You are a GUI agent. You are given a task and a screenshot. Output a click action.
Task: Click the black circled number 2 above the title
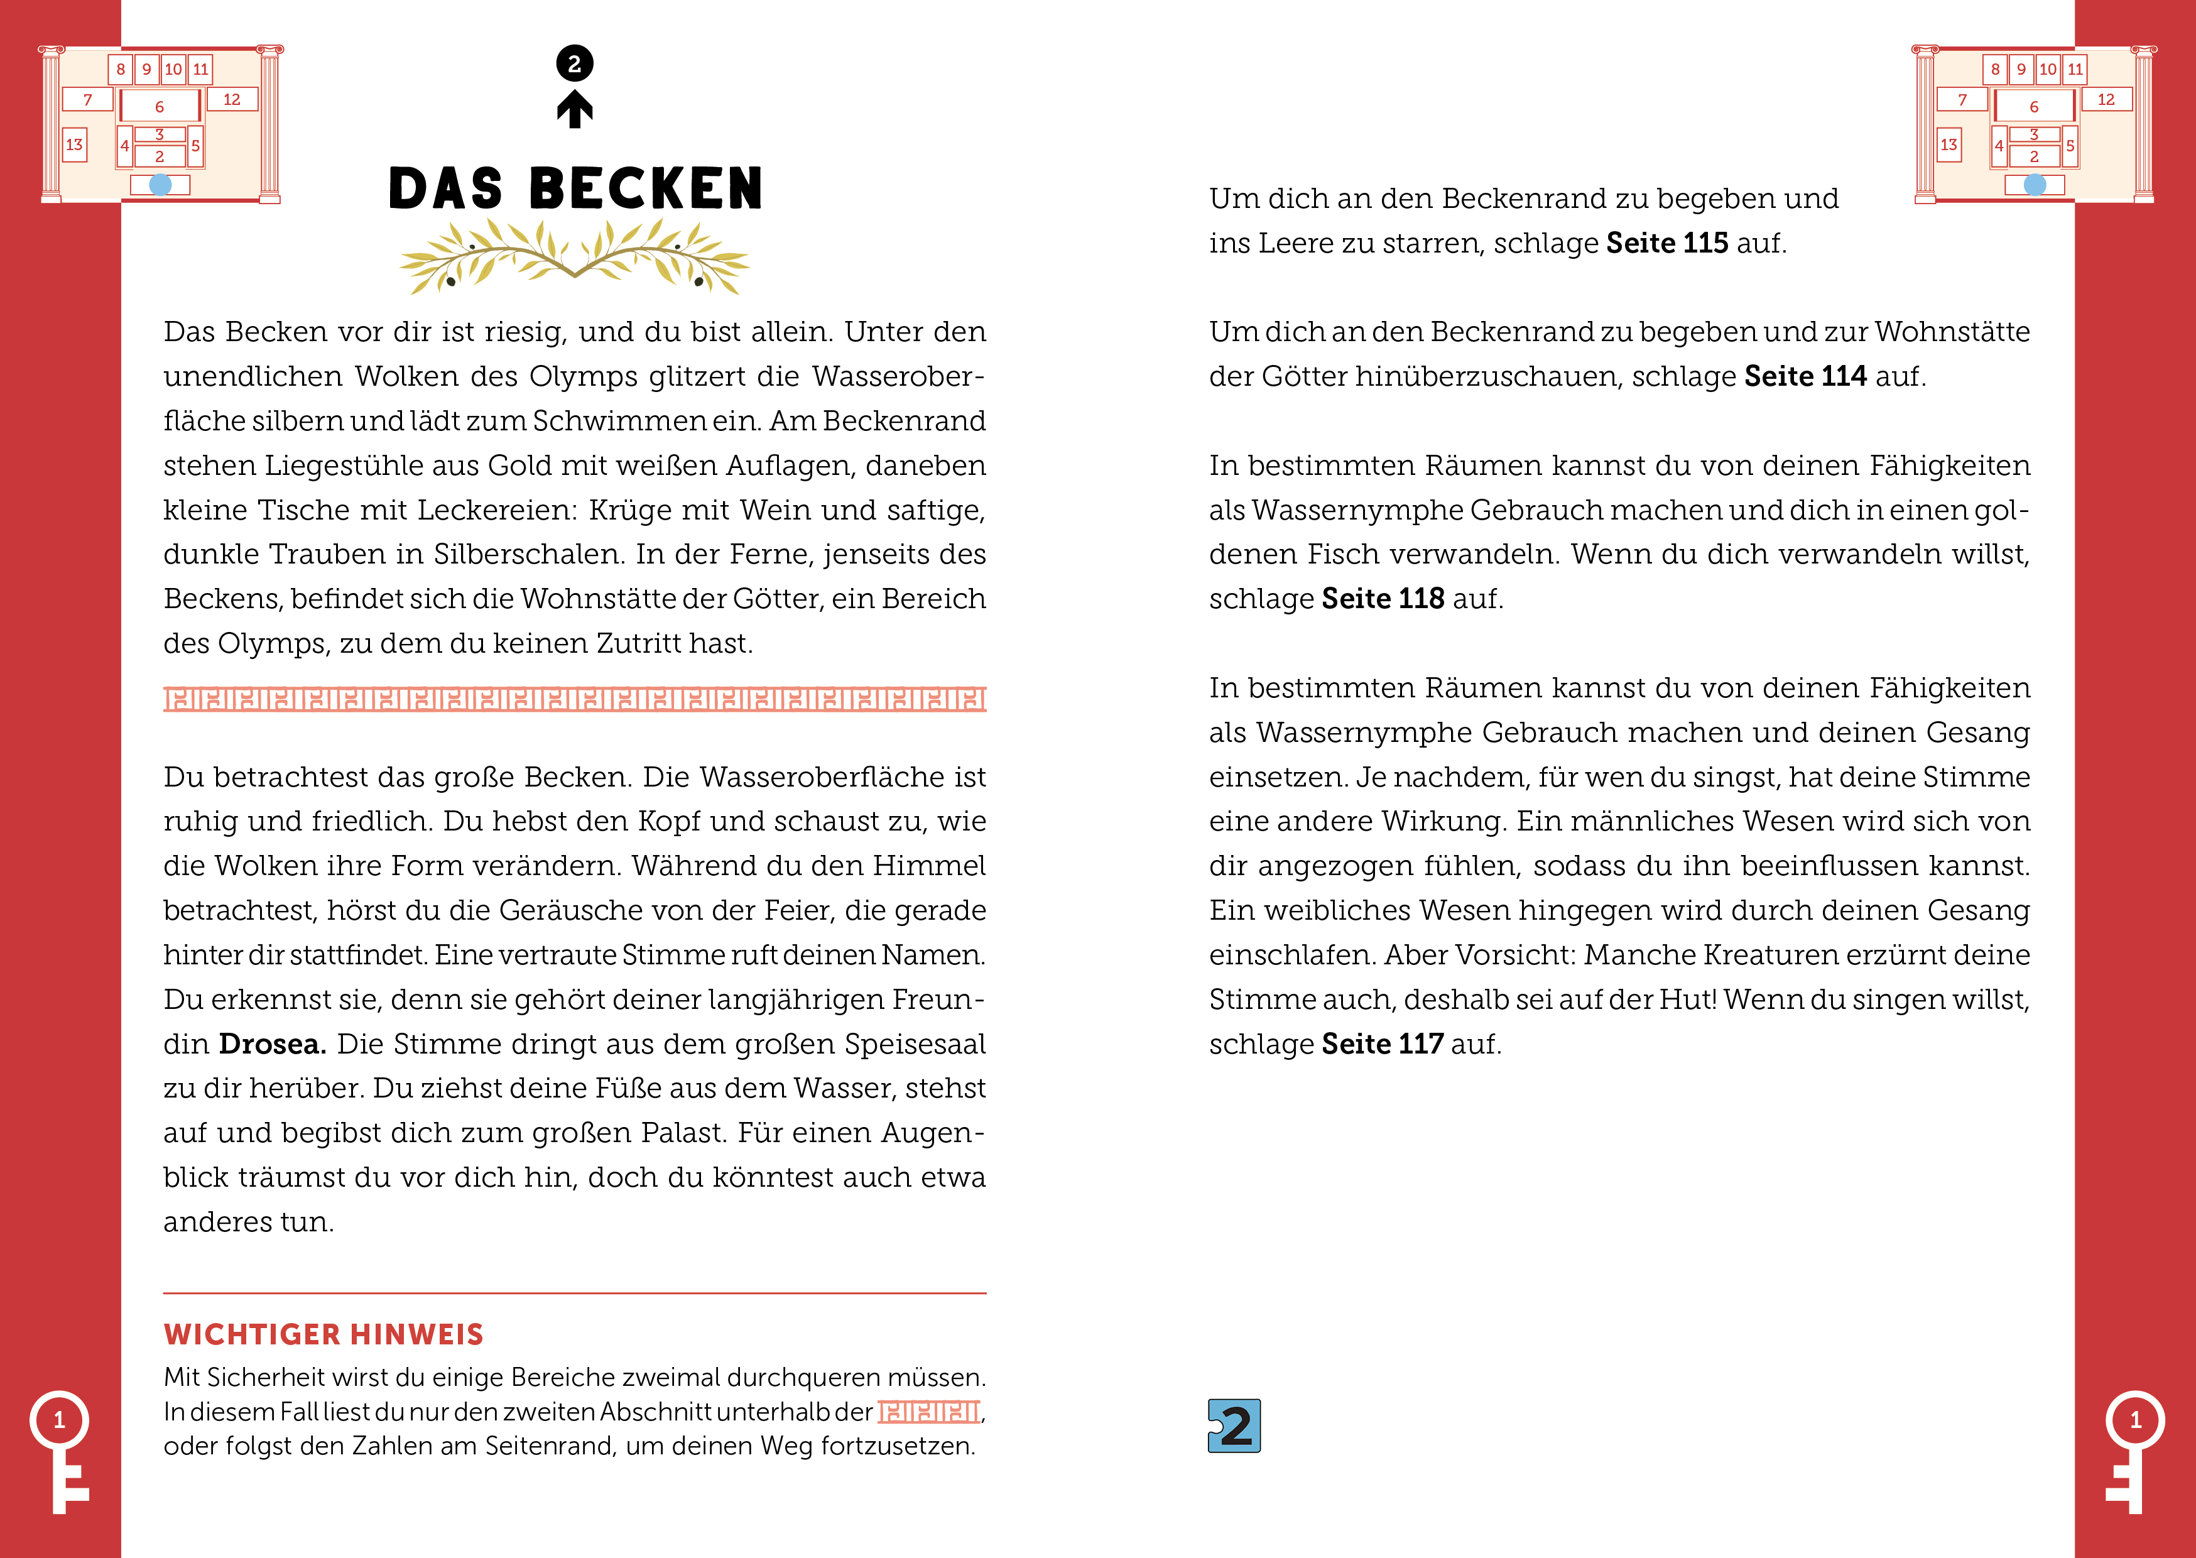point(574,64)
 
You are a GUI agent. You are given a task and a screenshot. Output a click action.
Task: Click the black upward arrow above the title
point(574,109)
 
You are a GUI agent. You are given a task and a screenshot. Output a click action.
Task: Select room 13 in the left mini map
point(74,145)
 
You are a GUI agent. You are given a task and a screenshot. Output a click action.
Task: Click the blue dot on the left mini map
point(160,184)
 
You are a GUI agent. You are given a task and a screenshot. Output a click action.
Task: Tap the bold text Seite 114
point(1805,377)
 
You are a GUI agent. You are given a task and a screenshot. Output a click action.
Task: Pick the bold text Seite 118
point(1382,599)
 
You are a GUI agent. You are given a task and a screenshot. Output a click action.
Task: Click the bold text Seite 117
point(1382,1043)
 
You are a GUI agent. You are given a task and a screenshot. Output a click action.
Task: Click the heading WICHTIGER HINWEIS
point(323,1334)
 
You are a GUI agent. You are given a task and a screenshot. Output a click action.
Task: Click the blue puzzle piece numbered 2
point(1234,1425)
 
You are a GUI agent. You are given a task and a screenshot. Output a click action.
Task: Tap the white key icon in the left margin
point(60,1449)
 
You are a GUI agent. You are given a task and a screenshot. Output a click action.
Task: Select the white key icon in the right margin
point(2134,1449)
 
